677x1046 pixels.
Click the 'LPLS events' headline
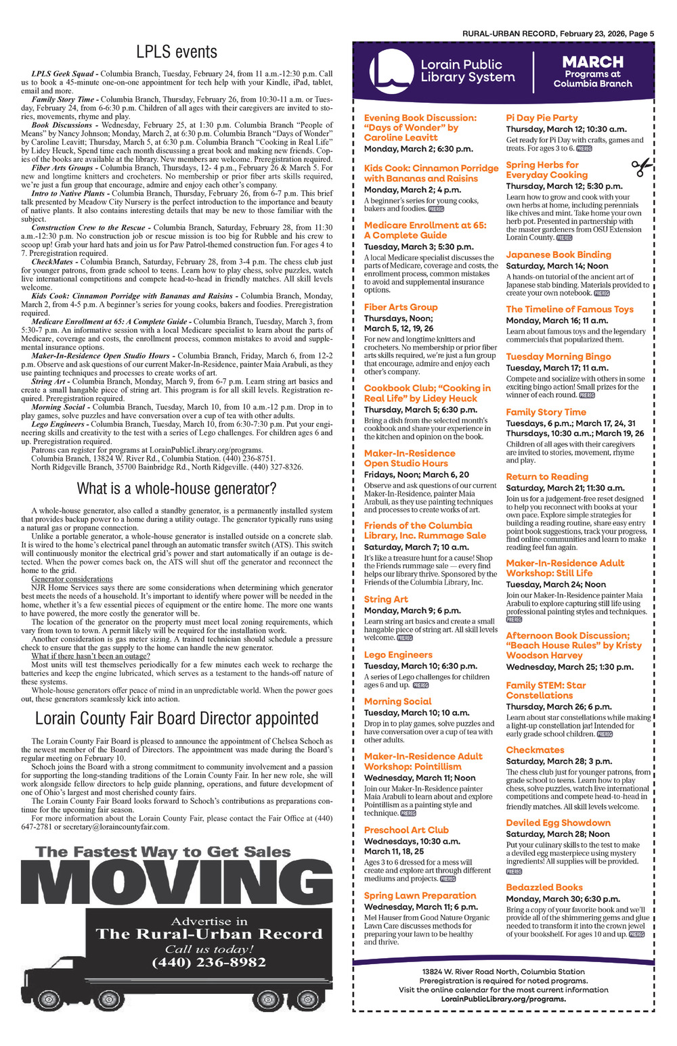(x=177, y=52)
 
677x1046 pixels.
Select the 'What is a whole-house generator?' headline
(x=177, y=488)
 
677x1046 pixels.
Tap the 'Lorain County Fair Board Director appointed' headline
(x=177, y=718)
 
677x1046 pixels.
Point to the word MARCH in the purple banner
(x=592, y=62)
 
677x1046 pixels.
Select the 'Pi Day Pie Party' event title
(x=542, y=118)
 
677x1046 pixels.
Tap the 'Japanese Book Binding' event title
(x=559, y=255)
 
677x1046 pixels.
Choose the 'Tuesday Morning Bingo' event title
(x=559, y=357)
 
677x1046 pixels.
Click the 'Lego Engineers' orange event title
(x=398, y=655)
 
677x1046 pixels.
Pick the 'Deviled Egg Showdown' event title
(x=559, y=823)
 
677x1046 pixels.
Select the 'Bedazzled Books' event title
(x=544, y=887)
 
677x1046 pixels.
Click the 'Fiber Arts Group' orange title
(x=401, y=307)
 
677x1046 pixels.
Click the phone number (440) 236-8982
(x=209, y=963)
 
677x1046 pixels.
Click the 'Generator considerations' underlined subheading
(x=72, y=579)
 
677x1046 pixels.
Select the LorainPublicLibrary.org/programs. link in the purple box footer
(x=504, y=999)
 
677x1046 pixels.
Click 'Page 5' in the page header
(x=641, y=34)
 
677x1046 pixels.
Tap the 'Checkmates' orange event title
(x=535, y=750)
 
